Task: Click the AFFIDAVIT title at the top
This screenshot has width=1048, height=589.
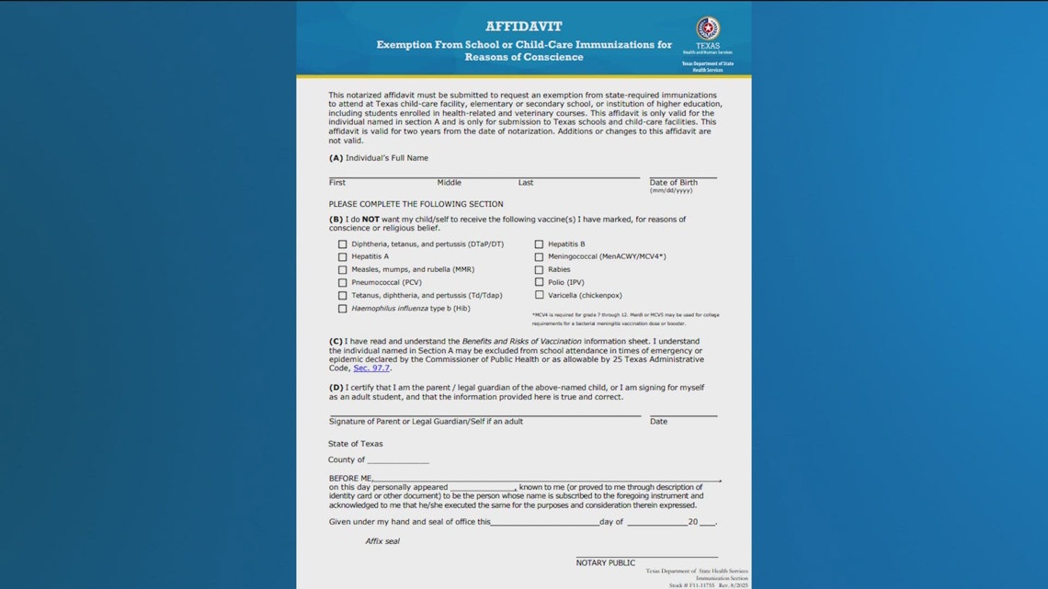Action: pos(523,27)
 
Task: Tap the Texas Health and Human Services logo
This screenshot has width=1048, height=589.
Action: pos(707,28)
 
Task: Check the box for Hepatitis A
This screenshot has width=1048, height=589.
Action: pos(343,257)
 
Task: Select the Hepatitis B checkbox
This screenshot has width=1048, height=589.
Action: pos(540,244)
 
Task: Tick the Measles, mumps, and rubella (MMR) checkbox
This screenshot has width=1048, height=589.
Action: pos(343,270)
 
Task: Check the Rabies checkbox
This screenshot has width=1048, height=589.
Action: pos(540,270)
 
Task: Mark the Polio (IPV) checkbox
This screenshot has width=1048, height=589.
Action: pos(540,283)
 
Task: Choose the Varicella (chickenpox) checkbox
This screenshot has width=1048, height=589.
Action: pos(540,296)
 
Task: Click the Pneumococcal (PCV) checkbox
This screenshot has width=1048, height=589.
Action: pos(343,283)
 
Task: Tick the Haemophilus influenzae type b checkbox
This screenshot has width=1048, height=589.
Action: pos(343,309)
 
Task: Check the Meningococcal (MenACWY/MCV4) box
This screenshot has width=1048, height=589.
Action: pos(540,257)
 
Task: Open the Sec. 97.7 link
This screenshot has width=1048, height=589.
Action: pos(371,368)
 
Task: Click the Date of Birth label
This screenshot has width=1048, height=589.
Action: pos(673,183)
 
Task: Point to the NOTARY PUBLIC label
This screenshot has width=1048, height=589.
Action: pos(605,562)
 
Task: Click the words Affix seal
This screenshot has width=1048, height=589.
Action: pos(382,541)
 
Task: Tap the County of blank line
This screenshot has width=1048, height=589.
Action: pos(398,461)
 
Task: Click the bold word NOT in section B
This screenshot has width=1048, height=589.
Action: pos(370,220)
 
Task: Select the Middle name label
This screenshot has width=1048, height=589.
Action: pos(449,183)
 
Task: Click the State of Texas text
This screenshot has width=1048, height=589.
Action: pos(356,444)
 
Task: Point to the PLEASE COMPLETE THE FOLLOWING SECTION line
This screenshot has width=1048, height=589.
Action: pos(416,204)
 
